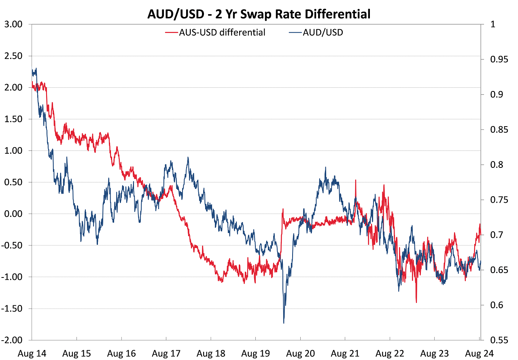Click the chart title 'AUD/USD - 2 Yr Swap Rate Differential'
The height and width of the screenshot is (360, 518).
(259, 15)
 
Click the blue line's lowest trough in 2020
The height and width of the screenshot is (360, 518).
(284, 323)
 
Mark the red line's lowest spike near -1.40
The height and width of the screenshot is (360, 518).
(416, 302)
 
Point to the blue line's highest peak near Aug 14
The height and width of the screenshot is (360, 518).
(36, 68)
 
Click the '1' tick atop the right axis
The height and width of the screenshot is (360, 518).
(493, 24)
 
